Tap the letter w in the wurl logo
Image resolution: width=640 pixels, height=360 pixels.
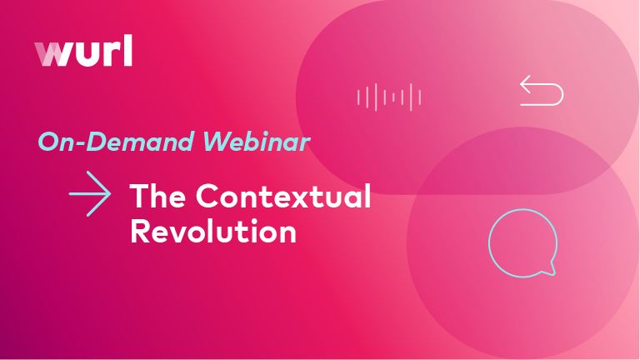pyautogui.click(x=53, y=54)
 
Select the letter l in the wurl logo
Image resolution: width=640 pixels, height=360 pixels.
pyautogui.click(x=127, y=51)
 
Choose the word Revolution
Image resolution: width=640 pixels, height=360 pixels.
pyautogui.click(x=213, y=231)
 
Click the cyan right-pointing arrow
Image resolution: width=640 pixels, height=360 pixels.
pyautogui.click(x=90, y=194)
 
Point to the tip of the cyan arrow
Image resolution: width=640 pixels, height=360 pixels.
pyautogui.click(x=110, y=194)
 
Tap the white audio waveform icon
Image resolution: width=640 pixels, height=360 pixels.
pyautogui.click(x=389, y=97)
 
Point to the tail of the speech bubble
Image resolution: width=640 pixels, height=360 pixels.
pyautogui.click(x=550, y=270)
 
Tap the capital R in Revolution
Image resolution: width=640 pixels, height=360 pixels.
pyautogui.click(x=142, y=231)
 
